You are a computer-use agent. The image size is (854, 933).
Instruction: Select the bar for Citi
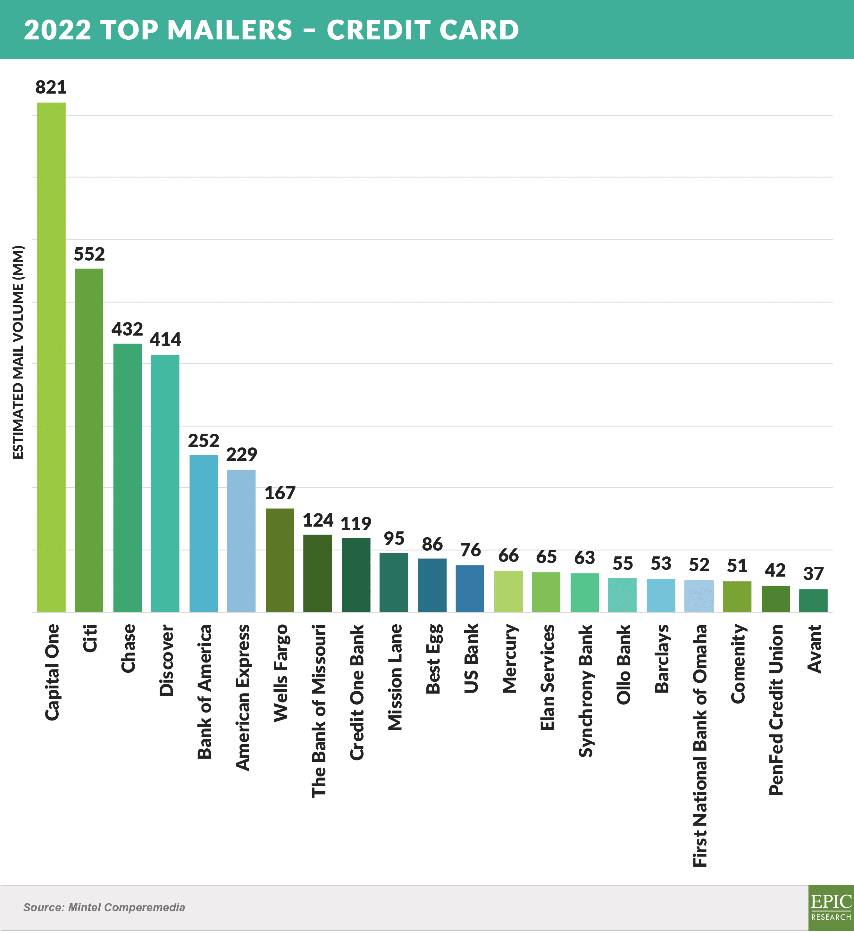89,440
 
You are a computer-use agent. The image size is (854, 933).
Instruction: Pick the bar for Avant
813,600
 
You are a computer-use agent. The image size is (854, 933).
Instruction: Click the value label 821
51,87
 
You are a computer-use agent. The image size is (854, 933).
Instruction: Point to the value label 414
165,339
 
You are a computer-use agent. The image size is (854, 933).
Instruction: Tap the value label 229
242,454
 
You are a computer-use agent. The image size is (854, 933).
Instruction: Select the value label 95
394,538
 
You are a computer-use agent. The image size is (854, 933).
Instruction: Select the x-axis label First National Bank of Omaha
700,746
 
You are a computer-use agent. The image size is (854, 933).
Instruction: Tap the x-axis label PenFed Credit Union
776,710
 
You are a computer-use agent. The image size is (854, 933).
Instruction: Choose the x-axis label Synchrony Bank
586,690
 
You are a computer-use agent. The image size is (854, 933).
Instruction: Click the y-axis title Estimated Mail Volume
18,352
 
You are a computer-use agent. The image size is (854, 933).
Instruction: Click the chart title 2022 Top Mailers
158,29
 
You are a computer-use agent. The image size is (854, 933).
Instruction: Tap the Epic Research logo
831,908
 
